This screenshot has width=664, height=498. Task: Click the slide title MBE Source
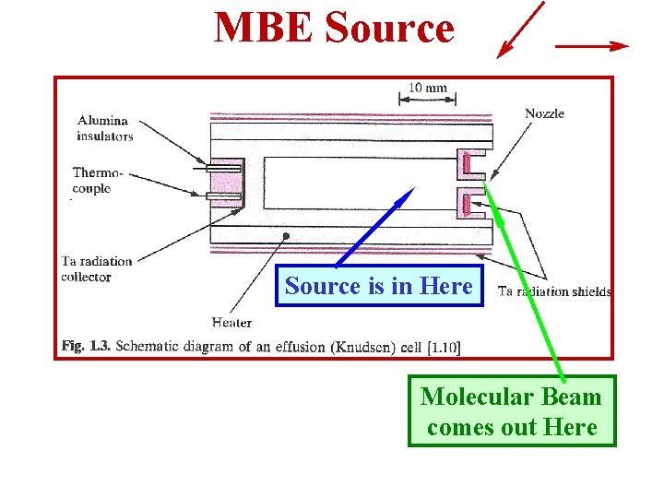click(334, 28)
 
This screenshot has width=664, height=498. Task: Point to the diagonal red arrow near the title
click(520, 30)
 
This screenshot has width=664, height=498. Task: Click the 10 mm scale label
click(428, 88)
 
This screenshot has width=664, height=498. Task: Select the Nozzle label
click(544, 113)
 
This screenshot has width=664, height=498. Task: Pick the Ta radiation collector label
click(97, 268)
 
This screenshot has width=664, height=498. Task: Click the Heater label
click(231, 322)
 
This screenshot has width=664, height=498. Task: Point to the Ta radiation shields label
click(554, 291)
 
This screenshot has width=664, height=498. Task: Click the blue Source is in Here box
click(379, 286)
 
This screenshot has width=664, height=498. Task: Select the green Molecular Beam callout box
click(511, 411)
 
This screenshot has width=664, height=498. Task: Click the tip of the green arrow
click(487, 184)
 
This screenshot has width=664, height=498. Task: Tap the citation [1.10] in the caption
click(444, 348)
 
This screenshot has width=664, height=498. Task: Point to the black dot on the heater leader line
click(287, 236)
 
